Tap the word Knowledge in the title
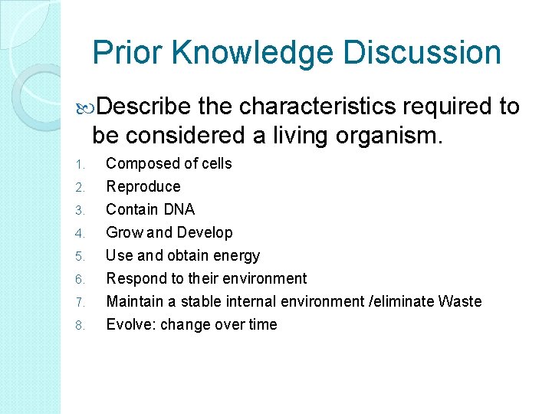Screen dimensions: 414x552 252,53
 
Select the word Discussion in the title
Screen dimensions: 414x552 422,53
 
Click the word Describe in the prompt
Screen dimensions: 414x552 144,107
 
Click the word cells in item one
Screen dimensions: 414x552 215,163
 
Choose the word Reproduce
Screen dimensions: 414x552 143,186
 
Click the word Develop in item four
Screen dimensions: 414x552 206,232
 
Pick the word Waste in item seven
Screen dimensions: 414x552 460,301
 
